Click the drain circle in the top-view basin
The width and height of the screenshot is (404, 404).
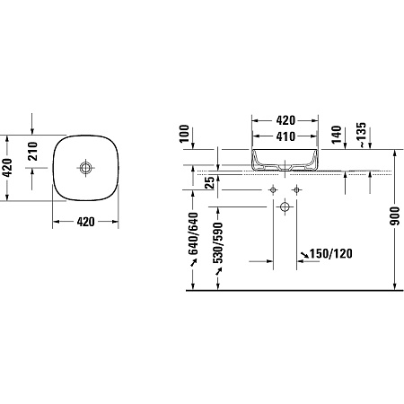[86, 168]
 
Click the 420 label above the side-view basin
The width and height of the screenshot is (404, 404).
[285, 119]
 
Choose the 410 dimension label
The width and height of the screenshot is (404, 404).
[285, 137]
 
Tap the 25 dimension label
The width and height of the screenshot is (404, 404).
[208, 184]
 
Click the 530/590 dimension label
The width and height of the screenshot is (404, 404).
[215, 241]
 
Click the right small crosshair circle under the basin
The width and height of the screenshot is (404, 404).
[297, 190]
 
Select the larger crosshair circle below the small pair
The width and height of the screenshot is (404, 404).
[285, 207]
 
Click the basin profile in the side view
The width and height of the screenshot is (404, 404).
[285, 159]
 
